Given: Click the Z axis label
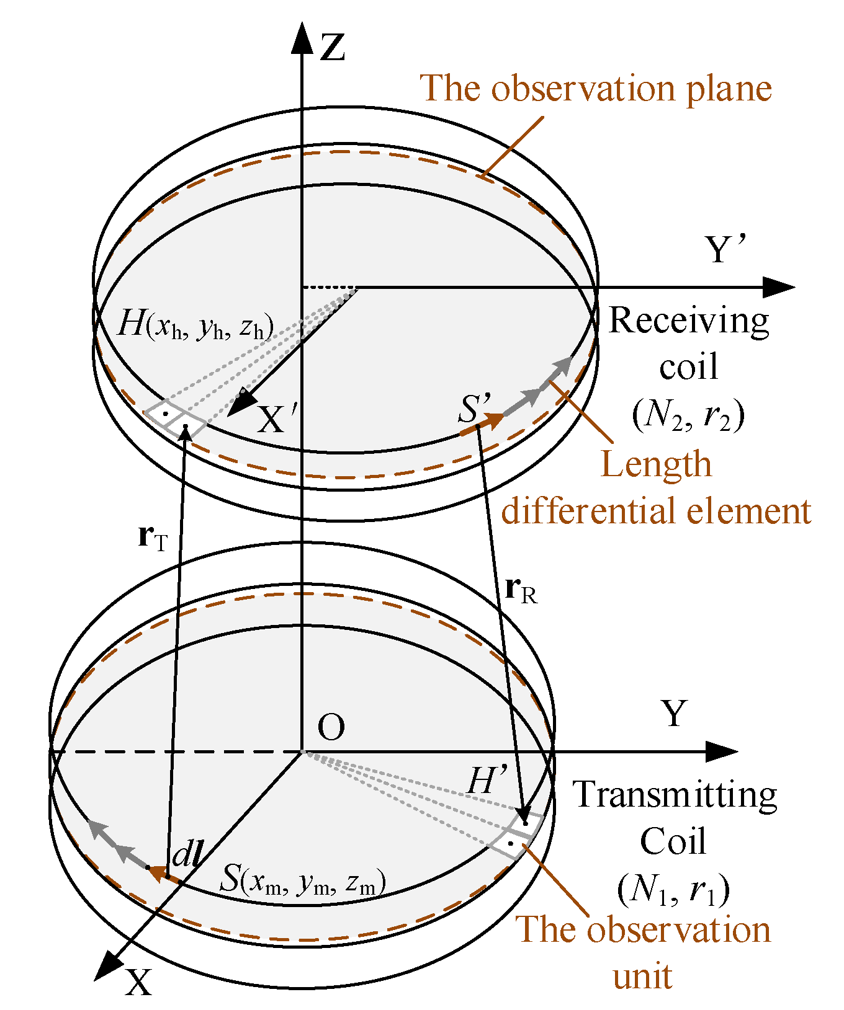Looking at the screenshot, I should point(333,48).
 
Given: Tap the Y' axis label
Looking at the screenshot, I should point(726,250).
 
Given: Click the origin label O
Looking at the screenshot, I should point(331,727).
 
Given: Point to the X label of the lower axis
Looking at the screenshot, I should point(138,981).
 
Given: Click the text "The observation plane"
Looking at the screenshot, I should point(596,88).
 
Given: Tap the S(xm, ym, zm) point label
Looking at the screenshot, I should point(303,880).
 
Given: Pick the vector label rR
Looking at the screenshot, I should point(521,590).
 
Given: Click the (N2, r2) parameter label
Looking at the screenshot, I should point(688,414).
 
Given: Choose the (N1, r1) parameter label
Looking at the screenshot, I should point(673,889).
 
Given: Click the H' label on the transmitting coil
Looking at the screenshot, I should point(487,780).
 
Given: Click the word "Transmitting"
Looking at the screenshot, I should point(674,795).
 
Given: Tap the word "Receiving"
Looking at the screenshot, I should point(688,321).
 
